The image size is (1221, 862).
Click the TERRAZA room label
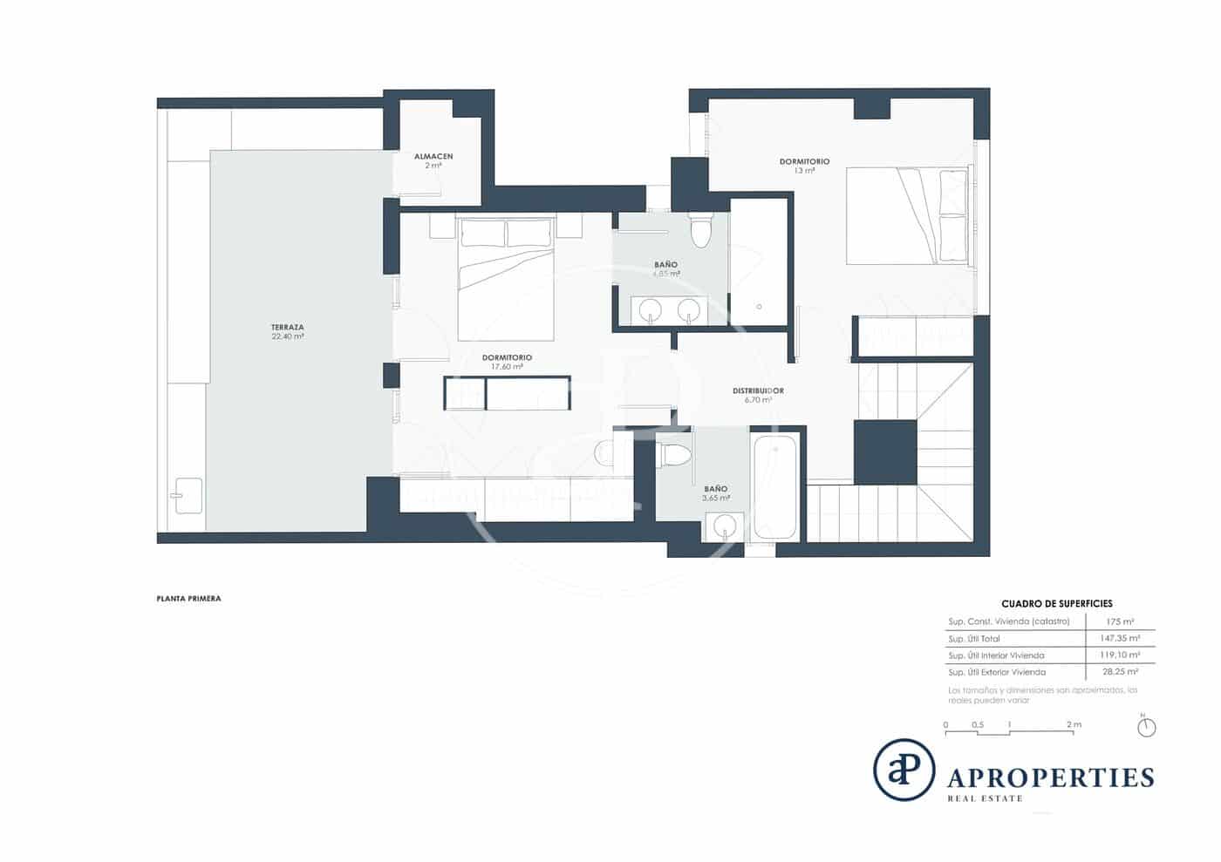pyautogui.click(x=287, y=328)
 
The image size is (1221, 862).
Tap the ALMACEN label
pyautogui.click(x=433, y=157)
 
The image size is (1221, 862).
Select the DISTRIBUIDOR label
pyautogui.click(x=758, y=390)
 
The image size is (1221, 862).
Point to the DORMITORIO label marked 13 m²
pyautogui.click(x=804, y=162)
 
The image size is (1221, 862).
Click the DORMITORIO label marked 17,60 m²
pyautogui.click(x=507, y=357)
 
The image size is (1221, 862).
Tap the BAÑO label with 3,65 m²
pyautogui.click(x=715, y=489)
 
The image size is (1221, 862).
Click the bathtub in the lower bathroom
pyautogui.click(x=774, y=486)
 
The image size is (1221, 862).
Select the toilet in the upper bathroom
pyautogui.click(x=700, y=231)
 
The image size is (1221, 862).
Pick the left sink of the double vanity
pyautogui.click(x=650, y=310)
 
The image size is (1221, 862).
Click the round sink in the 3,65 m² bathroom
pyautogui.click(x=724, y=526)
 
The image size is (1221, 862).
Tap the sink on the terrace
pyautogui.click(x=188, y=496)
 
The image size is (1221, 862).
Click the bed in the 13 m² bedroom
pyautogui.click(x=907, y=215)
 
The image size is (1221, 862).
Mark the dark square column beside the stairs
pyautogui.click(x=885, y=451)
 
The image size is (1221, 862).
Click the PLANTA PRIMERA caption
pyautogui.click(x=188, y=599)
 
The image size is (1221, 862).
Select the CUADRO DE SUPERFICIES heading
pyautogui.click(x=1056, y=603)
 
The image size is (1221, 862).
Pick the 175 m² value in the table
pyautogui.click(x=1119, y=621)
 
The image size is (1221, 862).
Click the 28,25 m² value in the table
pyautogui.click(x=1119, y=672)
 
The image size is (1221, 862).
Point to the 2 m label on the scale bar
pyautogui.click(x=1074, y=724)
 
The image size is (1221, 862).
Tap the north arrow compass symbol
pyautogui.click(x=1147, y=726)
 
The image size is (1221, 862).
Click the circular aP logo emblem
pyautogui.click(x=904, y=770)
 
